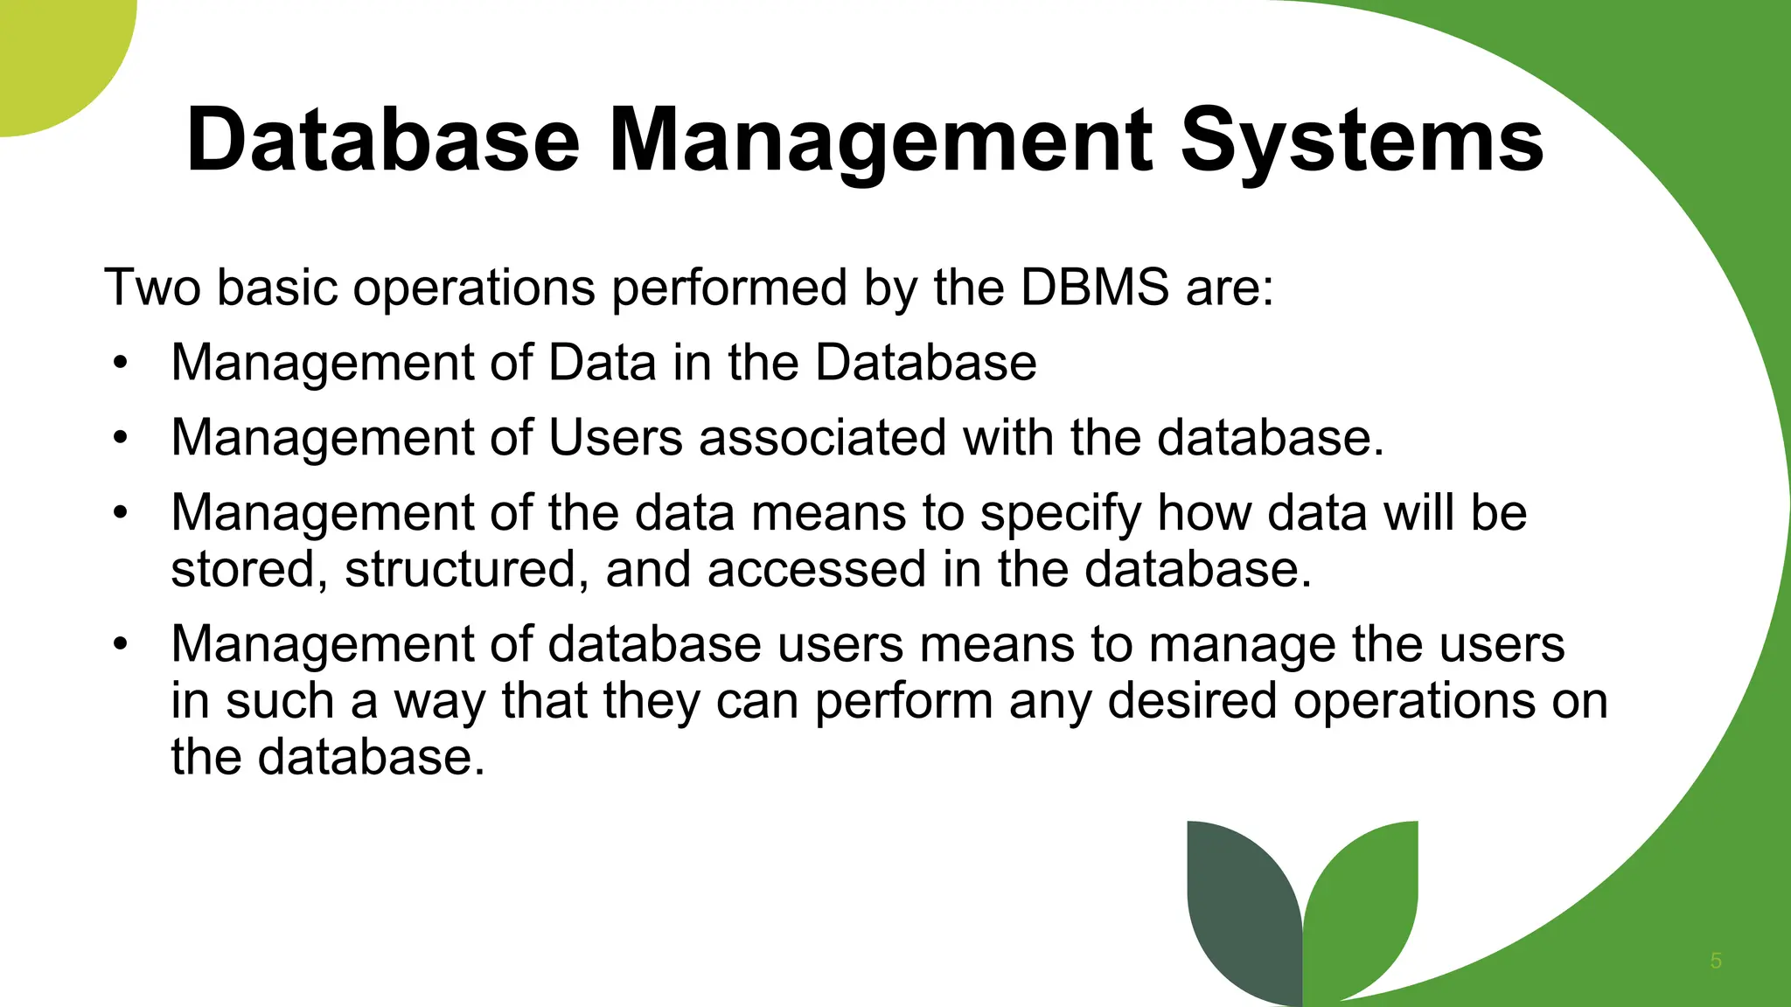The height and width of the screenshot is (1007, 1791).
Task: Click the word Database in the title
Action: (382, 140)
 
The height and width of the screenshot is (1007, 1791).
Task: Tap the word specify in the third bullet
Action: (1060, 514)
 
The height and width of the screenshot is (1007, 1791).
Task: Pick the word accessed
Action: (816, 570)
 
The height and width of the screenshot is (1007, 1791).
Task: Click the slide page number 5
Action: (1716, 961)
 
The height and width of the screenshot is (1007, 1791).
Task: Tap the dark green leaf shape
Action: (1242, 909)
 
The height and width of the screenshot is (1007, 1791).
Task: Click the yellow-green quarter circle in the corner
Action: (52, 52)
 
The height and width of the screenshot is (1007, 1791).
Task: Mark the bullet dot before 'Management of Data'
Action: (120, 362)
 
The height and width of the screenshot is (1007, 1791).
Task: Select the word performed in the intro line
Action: (729, 288)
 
